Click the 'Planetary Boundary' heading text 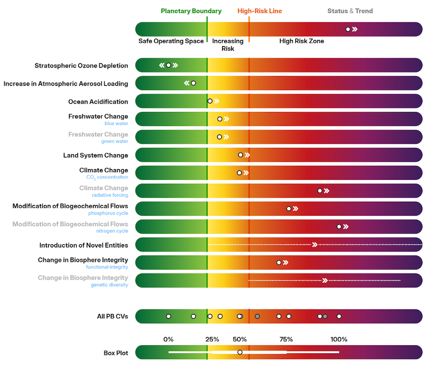point(191,11)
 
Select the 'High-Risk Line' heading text point(260,11)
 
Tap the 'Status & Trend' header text point(350,11)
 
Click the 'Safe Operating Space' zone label point(171,41)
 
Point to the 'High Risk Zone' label point(301,41)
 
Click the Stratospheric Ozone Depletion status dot point(168,65)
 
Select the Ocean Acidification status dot point(210,101)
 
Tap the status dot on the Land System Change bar point(241,155)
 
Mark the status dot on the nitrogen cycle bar point(339,227)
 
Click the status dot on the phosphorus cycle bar point(289,208)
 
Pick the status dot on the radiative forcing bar point(320,191)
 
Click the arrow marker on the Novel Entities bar point(315,245)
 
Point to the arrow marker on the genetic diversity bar point(324,280)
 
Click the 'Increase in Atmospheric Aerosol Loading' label point(66,84)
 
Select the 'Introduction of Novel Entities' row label point(84,245)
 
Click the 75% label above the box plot point(286,340)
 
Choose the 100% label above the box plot point(339,340)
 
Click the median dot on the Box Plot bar point(240,352)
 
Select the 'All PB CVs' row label point(113,317)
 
